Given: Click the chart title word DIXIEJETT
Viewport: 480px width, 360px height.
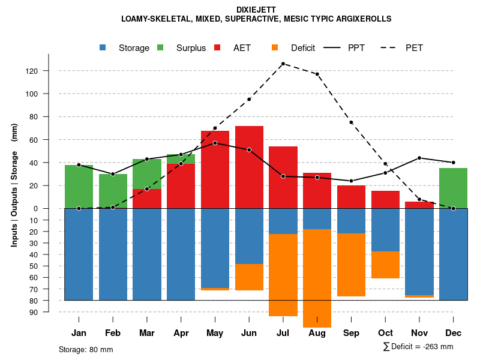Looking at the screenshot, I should (256, 10).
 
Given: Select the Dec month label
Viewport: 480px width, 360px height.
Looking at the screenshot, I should (453, 333).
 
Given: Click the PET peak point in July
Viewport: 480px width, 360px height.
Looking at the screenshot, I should (283, 64).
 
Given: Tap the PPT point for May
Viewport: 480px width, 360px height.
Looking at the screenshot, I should (215, 143).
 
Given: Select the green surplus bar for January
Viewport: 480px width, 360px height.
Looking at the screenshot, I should (79, 187).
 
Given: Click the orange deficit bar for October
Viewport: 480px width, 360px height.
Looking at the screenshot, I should (385, 265).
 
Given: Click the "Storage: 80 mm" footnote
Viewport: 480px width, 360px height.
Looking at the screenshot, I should (86, 349).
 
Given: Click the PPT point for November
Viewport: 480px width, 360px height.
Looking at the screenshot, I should (419, 158).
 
